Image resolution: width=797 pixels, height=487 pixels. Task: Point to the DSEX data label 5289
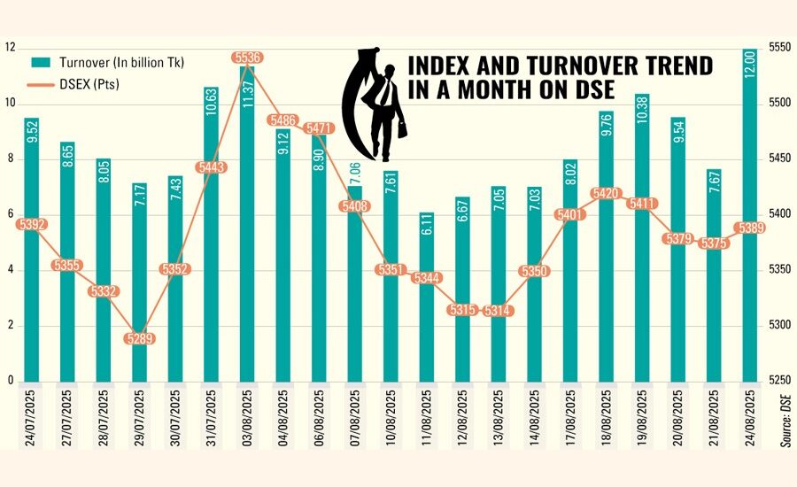point(140,337)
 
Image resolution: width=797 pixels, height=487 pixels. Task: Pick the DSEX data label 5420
point(607,193)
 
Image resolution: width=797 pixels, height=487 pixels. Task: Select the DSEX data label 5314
point(499,310)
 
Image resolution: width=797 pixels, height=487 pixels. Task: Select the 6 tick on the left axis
point(9,213)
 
